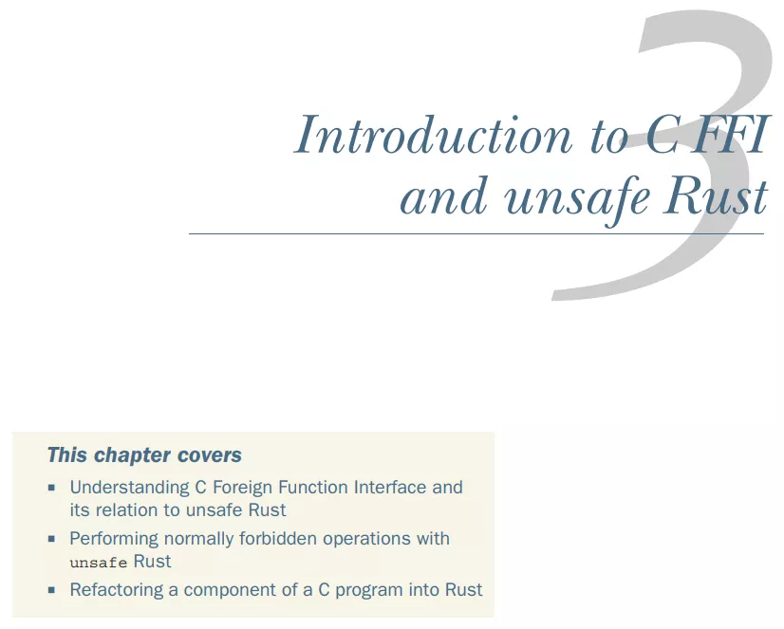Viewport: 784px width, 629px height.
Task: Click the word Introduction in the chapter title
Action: [433, 134]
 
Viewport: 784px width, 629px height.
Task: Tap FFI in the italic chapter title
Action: [730, 133]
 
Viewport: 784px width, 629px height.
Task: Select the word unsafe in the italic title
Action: [577, 197]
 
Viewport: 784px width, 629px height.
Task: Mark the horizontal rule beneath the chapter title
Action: [476, 233]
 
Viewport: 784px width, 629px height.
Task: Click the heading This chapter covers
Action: [144, 455]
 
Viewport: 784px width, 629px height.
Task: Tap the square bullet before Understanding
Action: [51, 488]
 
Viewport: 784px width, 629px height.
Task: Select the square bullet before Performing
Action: [51, 539]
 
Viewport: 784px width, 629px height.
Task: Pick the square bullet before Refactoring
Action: [51, 590]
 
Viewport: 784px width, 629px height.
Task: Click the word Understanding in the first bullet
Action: [129, 488]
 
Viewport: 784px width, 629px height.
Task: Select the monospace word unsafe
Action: [99, 563]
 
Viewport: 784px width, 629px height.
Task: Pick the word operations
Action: [370, 540]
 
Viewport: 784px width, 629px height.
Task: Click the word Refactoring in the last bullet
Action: [117, 590]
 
